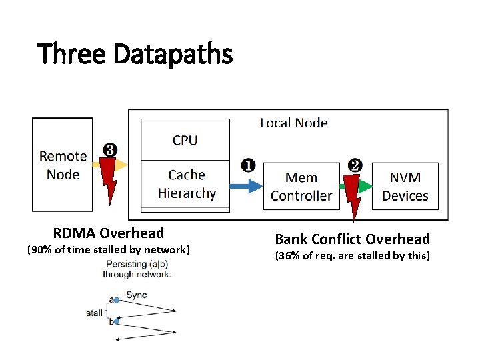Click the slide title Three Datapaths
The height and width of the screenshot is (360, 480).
click(x=135, y=53)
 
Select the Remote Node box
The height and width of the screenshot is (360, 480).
click(x=63, y=165)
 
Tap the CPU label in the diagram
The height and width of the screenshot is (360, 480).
click(x=185, y=140)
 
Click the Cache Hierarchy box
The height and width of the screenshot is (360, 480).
click(x=186, y=185)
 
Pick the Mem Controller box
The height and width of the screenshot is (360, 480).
click(x=301, y=186)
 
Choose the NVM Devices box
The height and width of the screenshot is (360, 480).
click(x=405, y=186)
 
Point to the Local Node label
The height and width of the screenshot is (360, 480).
click(x=293, y=123)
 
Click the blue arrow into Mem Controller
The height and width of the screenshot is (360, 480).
click(x=245, y=186)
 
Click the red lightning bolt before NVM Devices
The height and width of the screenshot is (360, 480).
click(x=351, y=190)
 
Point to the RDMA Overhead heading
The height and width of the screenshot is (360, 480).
click(x=109, y=233)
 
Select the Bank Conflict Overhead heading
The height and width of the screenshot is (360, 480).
click(x=353, y=239)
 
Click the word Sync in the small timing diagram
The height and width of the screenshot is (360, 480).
click(x=136, y=295)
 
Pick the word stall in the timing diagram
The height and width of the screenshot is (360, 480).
click(x=94, y=313)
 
